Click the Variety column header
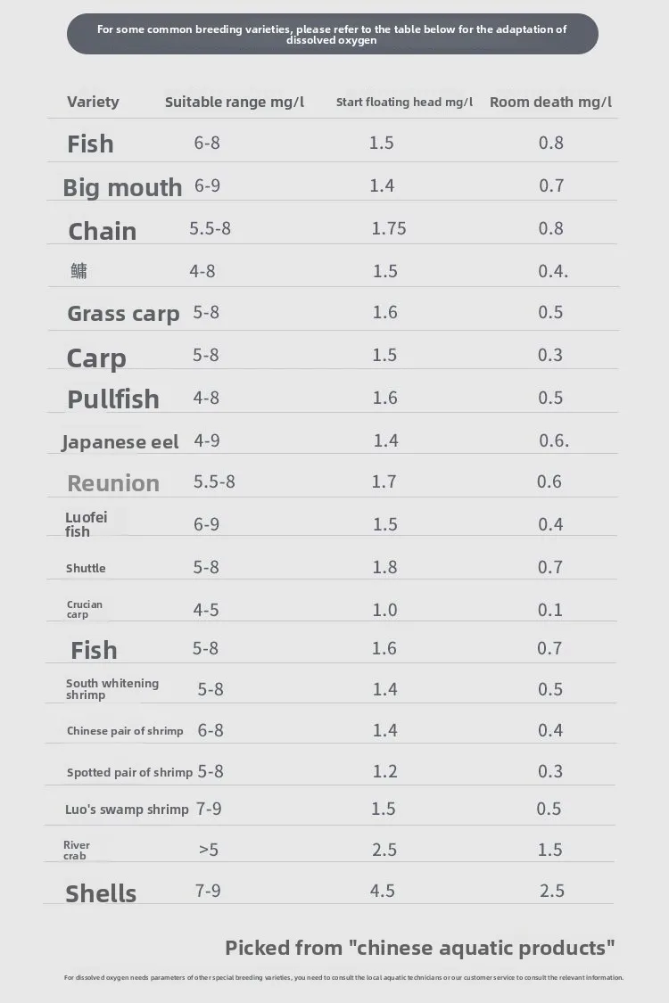point(93,102)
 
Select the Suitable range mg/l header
point(235,103)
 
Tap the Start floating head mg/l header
point(404,103)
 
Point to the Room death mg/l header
point(550,102)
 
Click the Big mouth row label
point(122,187)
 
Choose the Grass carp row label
point(123,314)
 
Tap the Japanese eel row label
point(120,442)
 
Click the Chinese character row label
point(79,271)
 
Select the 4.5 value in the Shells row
point(382,891)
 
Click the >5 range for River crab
point(208,850)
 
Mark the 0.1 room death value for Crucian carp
point(550,610)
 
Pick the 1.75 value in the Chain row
point(389,229)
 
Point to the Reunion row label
point(113,483)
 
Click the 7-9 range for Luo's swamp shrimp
point(209,809)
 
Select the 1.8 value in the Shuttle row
point(384,567)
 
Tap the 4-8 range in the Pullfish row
point(206,398)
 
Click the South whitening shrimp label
point(111,688)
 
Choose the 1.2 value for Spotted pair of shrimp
point(384,771)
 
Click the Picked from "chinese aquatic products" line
point(419,947)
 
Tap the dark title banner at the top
point(333,35)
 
